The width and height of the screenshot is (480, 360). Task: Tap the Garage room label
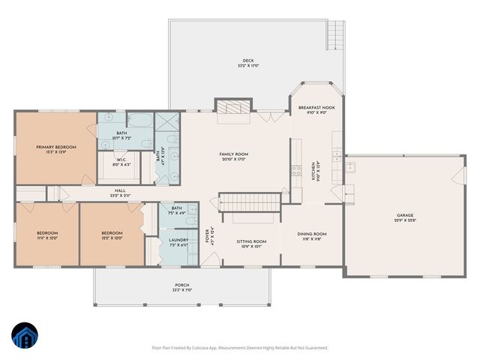pyautogui.click(x=404, y=216)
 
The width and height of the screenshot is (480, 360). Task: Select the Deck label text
pyautogui.click(x=247, y=61)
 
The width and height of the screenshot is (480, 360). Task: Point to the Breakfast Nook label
pyautogui.click(x=316, y=108)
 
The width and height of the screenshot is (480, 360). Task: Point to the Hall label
pyautogui.click(x=120, y=191)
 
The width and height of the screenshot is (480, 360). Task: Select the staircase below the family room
pyautogui.click(x=248, y=202)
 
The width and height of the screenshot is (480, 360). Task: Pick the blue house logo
pyautogui.click(x=25, y=335)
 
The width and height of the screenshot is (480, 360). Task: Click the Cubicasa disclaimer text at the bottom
pyautogui.click(x=240, y=348)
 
